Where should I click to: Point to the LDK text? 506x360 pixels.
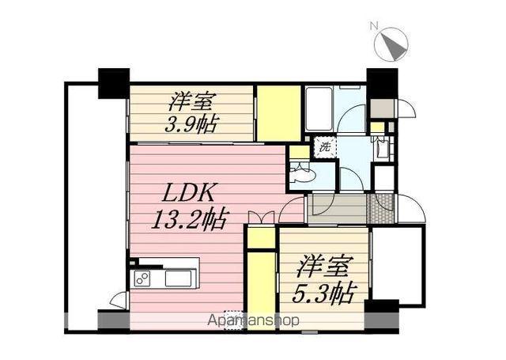[x=191, y=194]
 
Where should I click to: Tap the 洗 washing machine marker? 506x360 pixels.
[x=323, y=146]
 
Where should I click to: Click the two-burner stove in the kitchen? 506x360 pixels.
[x=143, y=278]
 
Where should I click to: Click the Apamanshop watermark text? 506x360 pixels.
[x=254, y=321]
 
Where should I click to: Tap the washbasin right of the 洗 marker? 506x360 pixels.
[x=382, y=148]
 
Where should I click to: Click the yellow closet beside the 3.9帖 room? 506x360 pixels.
[x=278, y=113]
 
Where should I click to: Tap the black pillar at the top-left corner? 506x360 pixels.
[x=113, y=82]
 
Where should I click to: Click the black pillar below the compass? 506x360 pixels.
[x=382, y=82]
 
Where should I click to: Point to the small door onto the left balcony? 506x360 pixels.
[x=119, y=300]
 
